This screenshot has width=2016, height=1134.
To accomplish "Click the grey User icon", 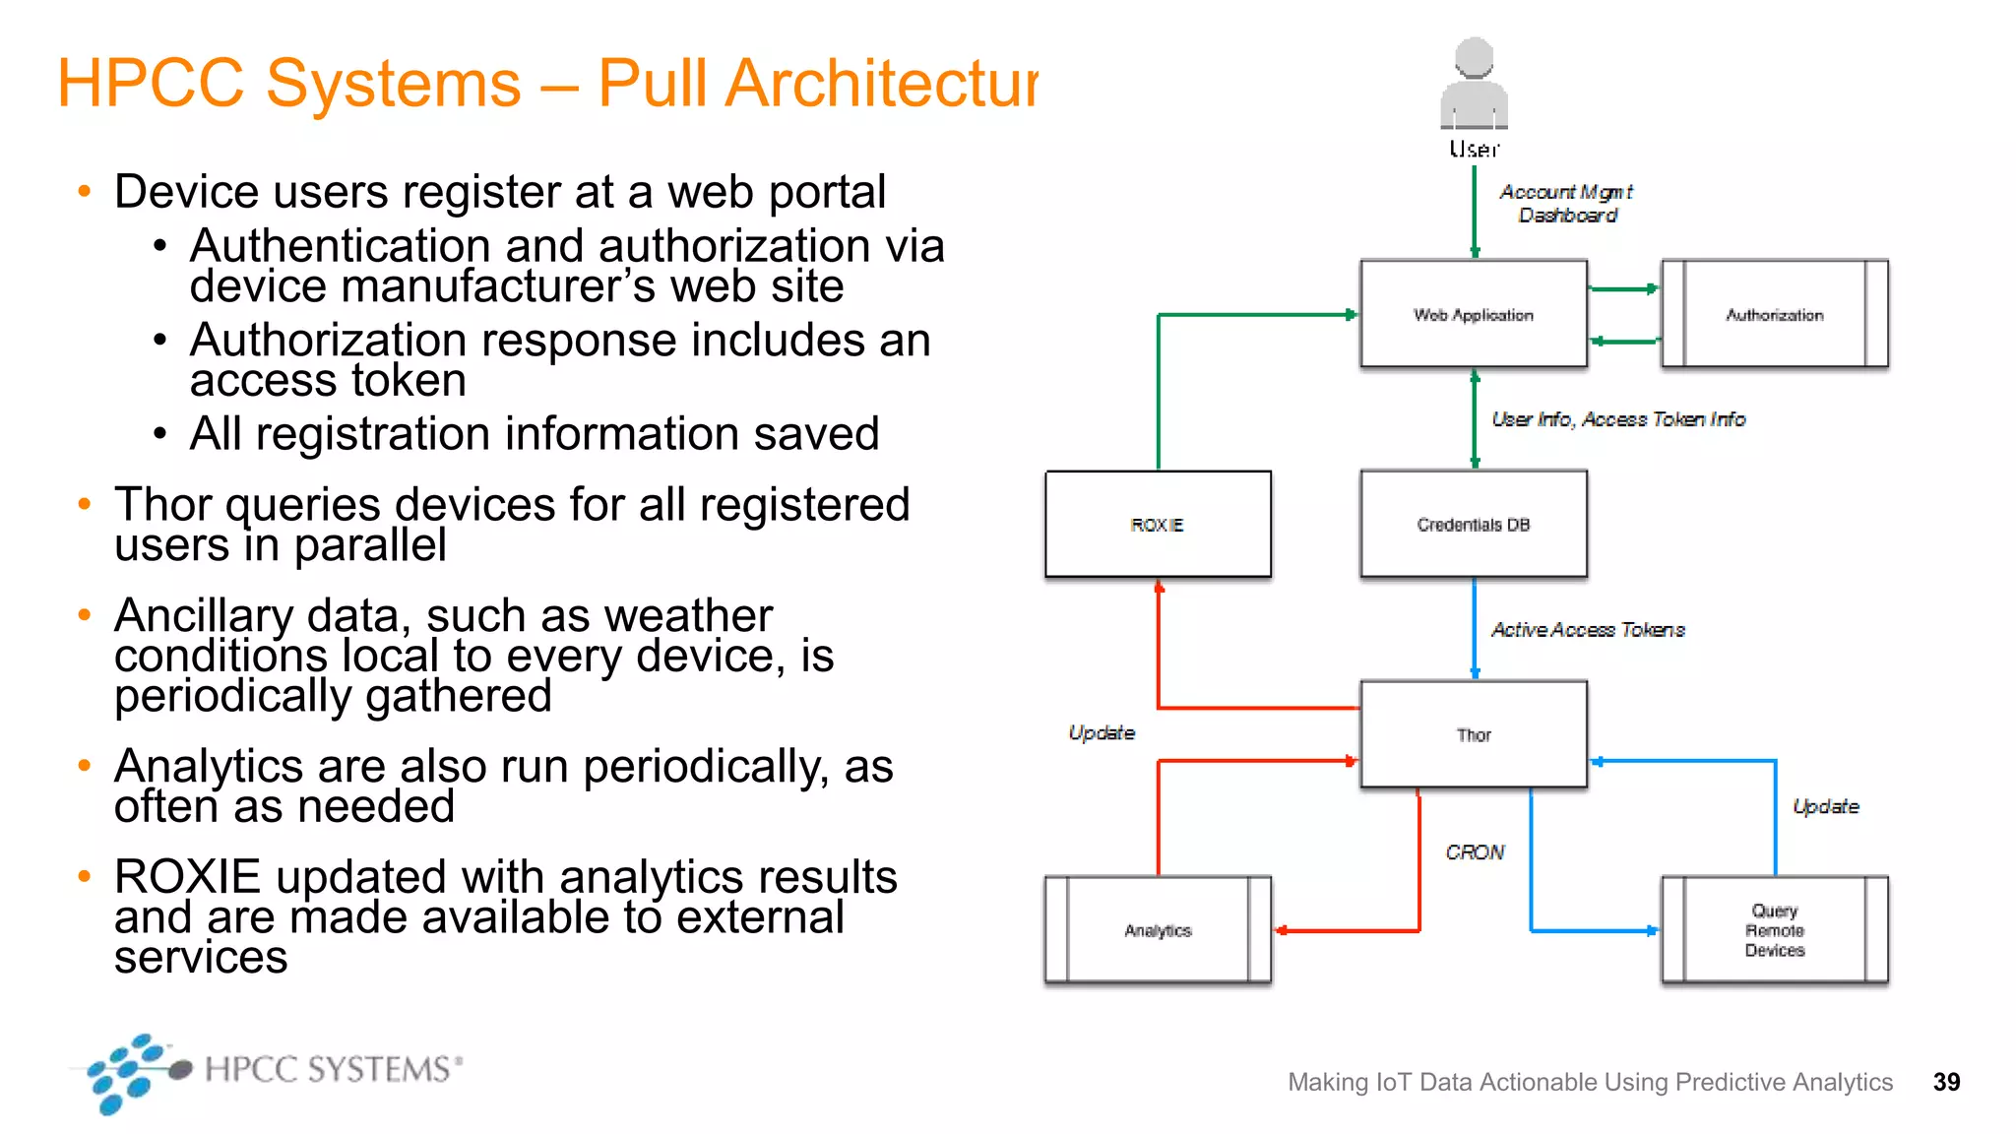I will (x=1474, y=87).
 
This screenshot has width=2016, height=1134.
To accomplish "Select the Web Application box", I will (x=1474, y=314).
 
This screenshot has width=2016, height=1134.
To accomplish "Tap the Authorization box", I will (x=1774, y=314).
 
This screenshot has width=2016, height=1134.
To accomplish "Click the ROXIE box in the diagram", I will (x=1158, y=525).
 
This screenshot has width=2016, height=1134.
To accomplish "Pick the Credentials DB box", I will (x=1474, y=525).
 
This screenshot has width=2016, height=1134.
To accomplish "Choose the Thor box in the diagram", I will (x=1474, y=734).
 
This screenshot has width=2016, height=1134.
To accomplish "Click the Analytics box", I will (x=1158, y=930).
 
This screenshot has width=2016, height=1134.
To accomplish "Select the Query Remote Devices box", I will (x=1774, y=930).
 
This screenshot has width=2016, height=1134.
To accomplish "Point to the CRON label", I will (x=1475, y=852).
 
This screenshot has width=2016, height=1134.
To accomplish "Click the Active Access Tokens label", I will (x=1588, y=630).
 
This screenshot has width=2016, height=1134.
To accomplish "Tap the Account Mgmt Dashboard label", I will (x=1566, y=204).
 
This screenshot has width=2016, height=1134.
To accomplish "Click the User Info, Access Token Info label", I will (x=1618, y=419).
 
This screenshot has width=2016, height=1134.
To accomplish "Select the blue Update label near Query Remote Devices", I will (x=1825, y=807).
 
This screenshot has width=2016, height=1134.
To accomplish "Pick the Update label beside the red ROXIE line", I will (x=1102, y=733).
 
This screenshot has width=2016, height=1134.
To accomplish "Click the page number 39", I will (x=1946, y=1082).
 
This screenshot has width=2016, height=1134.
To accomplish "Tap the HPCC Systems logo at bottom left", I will (x=266, y=1071).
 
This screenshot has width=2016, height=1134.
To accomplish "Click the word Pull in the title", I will (x=652, y=83).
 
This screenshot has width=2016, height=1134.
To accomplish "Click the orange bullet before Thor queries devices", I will (x=85, y=504).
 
